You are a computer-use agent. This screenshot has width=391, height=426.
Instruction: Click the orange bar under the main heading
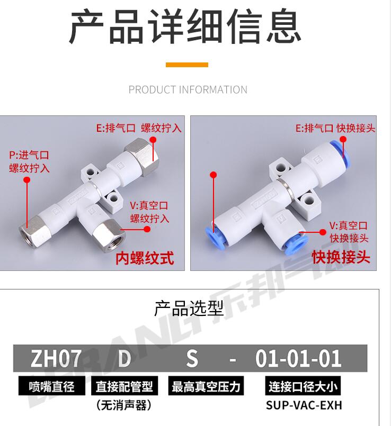tap(187, 65)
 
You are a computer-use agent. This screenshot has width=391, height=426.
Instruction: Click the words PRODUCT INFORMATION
tap(188, 89)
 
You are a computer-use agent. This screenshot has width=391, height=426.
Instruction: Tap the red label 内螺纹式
tap(145, 258)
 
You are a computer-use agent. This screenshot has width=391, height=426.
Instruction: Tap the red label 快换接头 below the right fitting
tap(341, 257)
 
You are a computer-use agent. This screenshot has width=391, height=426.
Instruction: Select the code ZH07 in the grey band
tap(56, 358)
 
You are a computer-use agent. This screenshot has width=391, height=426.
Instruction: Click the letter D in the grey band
tap(125, 358)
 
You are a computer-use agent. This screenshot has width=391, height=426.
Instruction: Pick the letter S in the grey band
tap(192, 358)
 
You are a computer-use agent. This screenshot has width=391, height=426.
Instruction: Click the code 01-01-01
tap(298, 358)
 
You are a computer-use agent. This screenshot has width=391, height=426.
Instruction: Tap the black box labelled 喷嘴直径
tap(52, 386)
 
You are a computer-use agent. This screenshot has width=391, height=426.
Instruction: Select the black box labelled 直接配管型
tap(125, 386)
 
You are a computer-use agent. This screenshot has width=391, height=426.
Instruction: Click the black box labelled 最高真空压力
tap(206, 386)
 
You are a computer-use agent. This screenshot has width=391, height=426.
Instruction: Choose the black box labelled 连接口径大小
tap(303, 386)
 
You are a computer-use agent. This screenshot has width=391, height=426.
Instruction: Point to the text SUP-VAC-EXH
tap(304, 405)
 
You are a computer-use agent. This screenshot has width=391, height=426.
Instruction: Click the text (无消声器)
tap(124, 405)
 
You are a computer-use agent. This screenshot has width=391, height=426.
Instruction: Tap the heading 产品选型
tap(189, 309)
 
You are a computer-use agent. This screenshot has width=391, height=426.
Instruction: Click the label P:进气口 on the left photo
tap(29, 155)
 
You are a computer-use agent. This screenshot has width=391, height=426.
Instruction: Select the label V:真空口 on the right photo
tap(349, 225)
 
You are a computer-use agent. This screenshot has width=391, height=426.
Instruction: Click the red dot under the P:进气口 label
tap(26, 180)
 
